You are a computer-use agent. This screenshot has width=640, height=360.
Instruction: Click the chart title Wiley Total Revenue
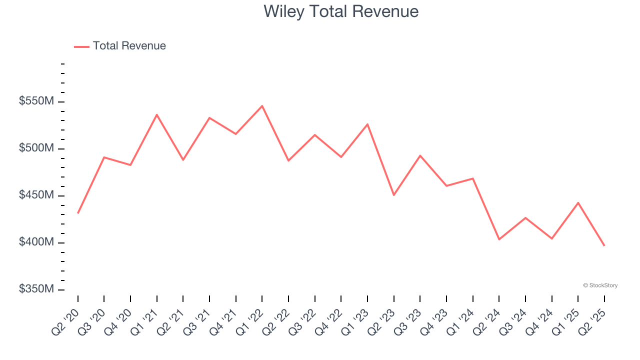(x=341, y=11)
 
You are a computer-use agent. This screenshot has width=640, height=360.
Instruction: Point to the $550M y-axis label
(x=36, y=101)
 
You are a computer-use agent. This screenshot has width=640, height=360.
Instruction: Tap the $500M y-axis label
(x=36, y=148)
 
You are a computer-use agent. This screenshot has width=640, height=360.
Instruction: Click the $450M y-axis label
(x=36, y=195)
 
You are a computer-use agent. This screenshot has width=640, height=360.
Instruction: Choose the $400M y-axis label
(x=36, y=242)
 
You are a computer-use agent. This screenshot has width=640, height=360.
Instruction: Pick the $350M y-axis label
(x=36, y=289)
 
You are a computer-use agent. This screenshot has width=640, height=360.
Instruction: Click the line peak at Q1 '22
(x=262, y=106)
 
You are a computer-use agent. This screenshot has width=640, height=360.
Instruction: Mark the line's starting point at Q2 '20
(x=78, y=213)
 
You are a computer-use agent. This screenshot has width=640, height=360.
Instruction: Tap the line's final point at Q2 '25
(x=604, y=245)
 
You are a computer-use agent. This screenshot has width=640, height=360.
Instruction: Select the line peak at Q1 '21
(x=157, y=115)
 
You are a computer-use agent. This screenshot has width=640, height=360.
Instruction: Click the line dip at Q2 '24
(x=499, y=239)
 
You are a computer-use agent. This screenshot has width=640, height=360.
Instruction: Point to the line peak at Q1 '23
(x=367, y=124)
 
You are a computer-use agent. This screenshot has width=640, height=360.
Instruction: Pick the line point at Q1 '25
(x=578, y=202)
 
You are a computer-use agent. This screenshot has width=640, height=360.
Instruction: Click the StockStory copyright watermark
(x=600, y=285)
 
